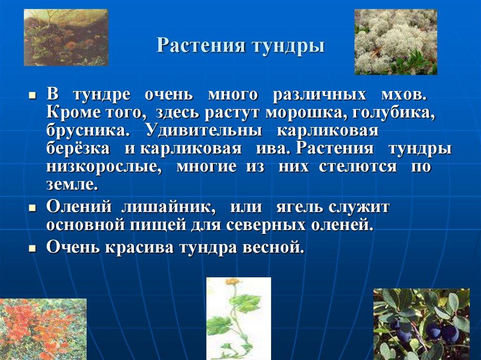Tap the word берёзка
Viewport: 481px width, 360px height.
point(78,149)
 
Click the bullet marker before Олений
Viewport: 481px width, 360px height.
point(32,207)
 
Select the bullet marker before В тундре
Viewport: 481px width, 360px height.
point(32,94)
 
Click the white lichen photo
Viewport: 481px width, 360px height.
point(396,42)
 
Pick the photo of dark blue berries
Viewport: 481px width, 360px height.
point(421,324)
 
